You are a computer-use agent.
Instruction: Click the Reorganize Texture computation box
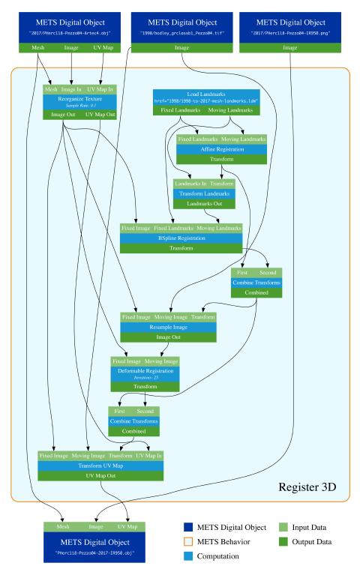[x=79, y=101]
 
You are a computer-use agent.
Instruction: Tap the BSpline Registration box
[x=181, y=238]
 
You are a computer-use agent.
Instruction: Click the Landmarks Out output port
[x=205, y=204]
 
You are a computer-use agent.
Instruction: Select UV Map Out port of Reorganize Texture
[x=100, y=115]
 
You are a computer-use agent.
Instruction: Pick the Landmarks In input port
[x=190, y=183]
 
